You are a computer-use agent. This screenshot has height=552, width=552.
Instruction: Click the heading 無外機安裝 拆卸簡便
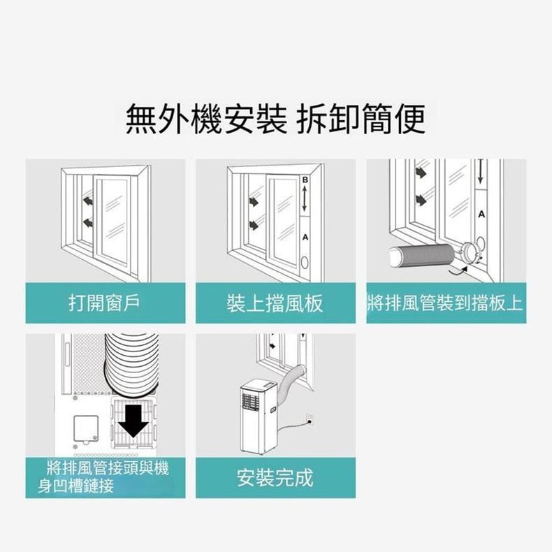(x=275, y=119)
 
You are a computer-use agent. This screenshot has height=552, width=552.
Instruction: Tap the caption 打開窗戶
(x=105, y=303)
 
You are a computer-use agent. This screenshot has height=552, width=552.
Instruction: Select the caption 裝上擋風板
(x=275, y=303)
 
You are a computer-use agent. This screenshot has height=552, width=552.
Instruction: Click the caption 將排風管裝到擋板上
(x=445, y=303)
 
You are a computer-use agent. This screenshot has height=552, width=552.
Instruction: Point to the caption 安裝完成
(x=275, y=478)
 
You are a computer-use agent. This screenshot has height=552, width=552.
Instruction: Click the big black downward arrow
(x=133, y=421)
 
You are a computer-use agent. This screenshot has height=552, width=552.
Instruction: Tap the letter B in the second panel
(x=305, y=180)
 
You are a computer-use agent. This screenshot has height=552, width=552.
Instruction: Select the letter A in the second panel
(x=305, y=238)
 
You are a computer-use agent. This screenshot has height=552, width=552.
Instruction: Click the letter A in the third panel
(x=481, y=214)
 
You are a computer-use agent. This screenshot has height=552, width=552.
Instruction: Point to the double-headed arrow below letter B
(x=305, y=198)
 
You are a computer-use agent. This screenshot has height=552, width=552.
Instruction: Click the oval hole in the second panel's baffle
(x=305, y=262)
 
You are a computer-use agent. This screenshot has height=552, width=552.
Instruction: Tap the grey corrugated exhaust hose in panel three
(x=423, y=255)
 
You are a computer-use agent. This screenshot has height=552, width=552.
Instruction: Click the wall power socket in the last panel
(x=310, y=419)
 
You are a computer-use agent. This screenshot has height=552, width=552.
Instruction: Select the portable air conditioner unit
(x=259, y=417)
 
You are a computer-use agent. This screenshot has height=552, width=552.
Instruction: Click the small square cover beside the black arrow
(x=86, y=428)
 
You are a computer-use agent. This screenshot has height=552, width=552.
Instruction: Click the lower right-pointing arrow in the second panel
(x=254, y=225)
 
